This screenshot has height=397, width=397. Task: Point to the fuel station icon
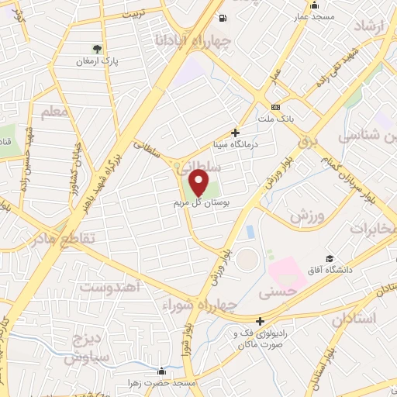coord(224,18)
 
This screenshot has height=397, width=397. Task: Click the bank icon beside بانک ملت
coord(275,107)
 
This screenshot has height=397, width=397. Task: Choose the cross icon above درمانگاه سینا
coord(235,133)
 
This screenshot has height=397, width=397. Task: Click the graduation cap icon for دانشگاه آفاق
coord(330,257)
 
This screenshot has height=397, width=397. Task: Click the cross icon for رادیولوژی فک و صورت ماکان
coord(260,321)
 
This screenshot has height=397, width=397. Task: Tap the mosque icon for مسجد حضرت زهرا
coord(161,371)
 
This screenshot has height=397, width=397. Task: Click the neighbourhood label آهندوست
coord(109,287)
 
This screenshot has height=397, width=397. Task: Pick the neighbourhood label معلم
coord(55,114)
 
